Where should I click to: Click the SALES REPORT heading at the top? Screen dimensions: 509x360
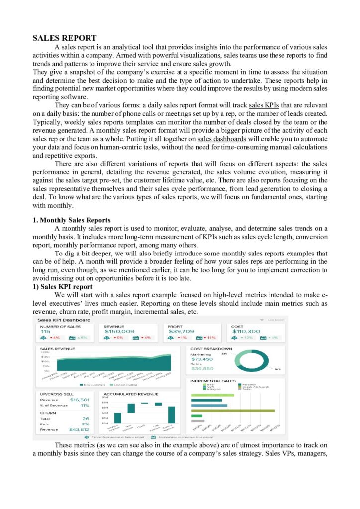click(x=65, y=38)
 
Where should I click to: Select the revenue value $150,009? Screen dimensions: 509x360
click(x=119, y=331)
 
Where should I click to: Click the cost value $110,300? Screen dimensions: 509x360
click(x=246, y=331)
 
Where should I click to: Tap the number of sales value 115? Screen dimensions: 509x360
click(x=45, y=331)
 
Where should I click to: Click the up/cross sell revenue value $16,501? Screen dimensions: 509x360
click(x=80, y=400)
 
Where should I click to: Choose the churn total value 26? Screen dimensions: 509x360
click(x=86, y=419)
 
